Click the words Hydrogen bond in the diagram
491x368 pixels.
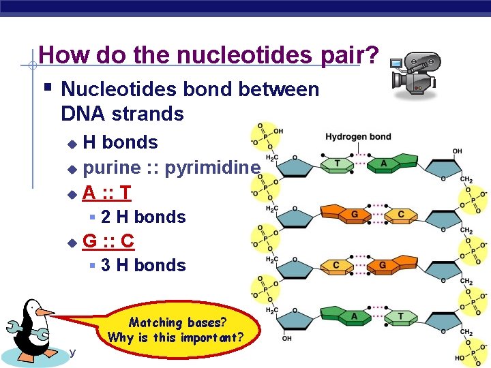(358, 136)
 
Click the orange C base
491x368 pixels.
(400, 215)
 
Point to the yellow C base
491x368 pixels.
(336, 265)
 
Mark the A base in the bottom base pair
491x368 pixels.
(354, 316)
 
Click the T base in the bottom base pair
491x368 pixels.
(400, 316)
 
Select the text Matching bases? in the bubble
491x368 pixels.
(178, 322)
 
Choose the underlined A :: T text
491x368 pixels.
(107, 193)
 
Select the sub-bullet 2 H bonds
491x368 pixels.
(143, 217)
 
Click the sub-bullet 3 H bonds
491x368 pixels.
(143, 264)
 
